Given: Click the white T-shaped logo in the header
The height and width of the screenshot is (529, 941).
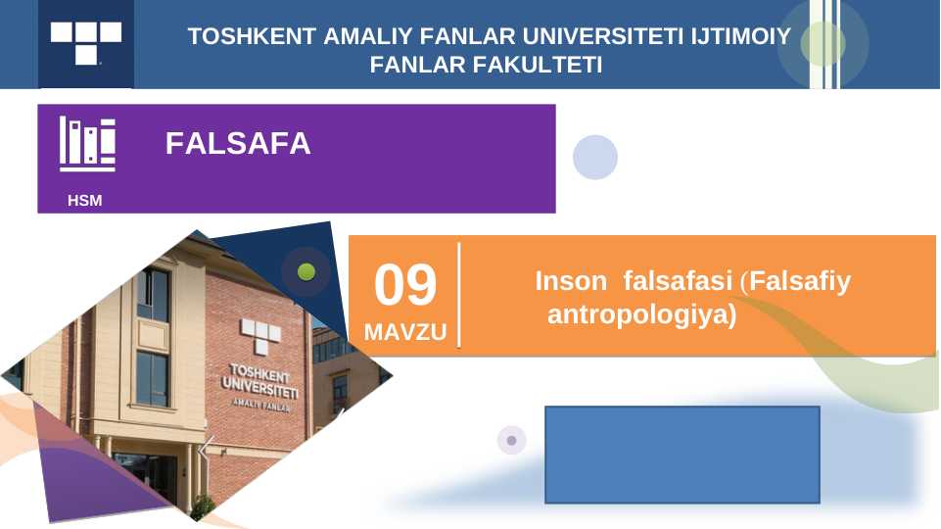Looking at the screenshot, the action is pos(86,43).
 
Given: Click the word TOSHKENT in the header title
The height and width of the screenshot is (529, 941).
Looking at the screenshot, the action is pos(252,36).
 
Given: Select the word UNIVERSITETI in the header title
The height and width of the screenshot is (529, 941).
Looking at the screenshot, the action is pos(602,36).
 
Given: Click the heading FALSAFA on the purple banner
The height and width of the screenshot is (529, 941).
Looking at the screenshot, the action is pos(238,143).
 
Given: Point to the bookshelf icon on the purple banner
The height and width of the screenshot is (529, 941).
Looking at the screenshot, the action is pos(87,144).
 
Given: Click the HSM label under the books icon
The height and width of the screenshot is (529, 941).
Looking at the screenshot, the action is pos(84,201).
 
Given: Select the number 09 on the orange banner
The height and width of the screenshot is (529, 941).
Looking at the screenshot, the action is pos(405,285).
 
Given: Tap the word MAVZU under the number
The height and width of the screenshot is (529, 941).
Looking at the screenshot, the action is pos(405,332).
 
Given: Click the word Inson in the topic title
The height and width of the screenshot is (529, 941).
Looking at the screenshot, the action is pos(571,281).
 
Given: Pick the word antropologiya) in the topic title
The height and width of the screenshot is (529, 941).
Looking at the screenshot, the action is pos(642,314).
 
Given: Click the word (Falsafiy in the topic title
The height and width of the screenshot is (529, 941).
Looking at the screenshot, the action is pos(796,281).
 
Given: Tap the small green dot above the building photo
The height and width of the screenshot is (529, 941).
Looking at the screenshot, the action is pos(306,272).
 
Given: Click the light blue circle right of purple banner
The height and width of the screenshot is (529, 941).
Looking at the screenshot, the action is pos(595,158).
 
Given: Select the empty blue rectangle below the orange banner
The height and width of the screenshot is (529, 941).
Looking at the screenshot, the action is pos(682,455).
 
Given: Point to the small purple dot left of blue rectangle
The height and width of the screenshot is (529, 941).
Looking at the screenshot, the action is pos(511,440).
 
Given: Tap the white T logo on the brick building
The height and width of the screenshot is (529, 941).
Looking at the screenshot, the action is pos(260,335).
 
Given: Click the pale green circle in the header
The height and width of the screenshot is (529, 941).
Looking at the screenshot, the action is pos(823,43).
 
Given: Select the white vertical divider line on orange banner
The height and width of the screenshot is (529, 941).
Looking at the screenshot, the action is pos(459,295).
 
